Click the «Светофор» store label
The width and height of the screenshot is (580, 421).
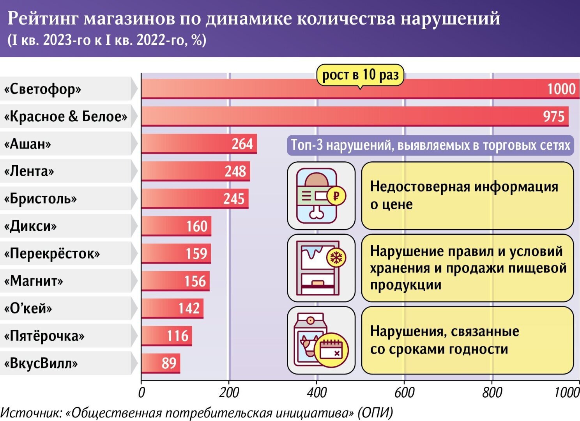pos(42,89)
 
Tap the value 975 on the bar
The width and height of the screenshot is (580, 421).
pos(553,117)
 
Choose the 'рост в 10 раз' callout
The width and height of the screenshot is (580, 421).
pos(360,75)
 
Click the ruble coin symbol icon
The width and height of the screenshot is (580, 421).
pos(336,195)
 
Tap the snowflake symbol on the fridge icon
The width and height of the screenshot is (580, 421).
pos(336,257)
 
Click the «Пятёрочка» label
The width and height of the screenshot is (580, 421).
pos(44,336)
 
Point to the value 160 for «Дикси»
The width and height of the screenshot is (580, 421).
pos(197,226)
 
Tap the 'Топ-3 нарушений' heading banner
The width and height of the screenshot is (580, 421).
pos(430,145)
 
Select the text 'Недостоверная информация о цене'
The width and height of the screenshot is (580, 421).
pos(464,195)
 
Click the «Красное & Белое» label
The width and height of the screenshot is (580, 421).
pos(65,117)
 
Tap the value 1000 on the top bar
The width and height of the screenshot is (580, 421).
pos(561,89)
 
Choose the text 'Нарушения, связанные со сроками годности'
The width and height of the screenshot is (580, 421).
pos(444,340)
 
